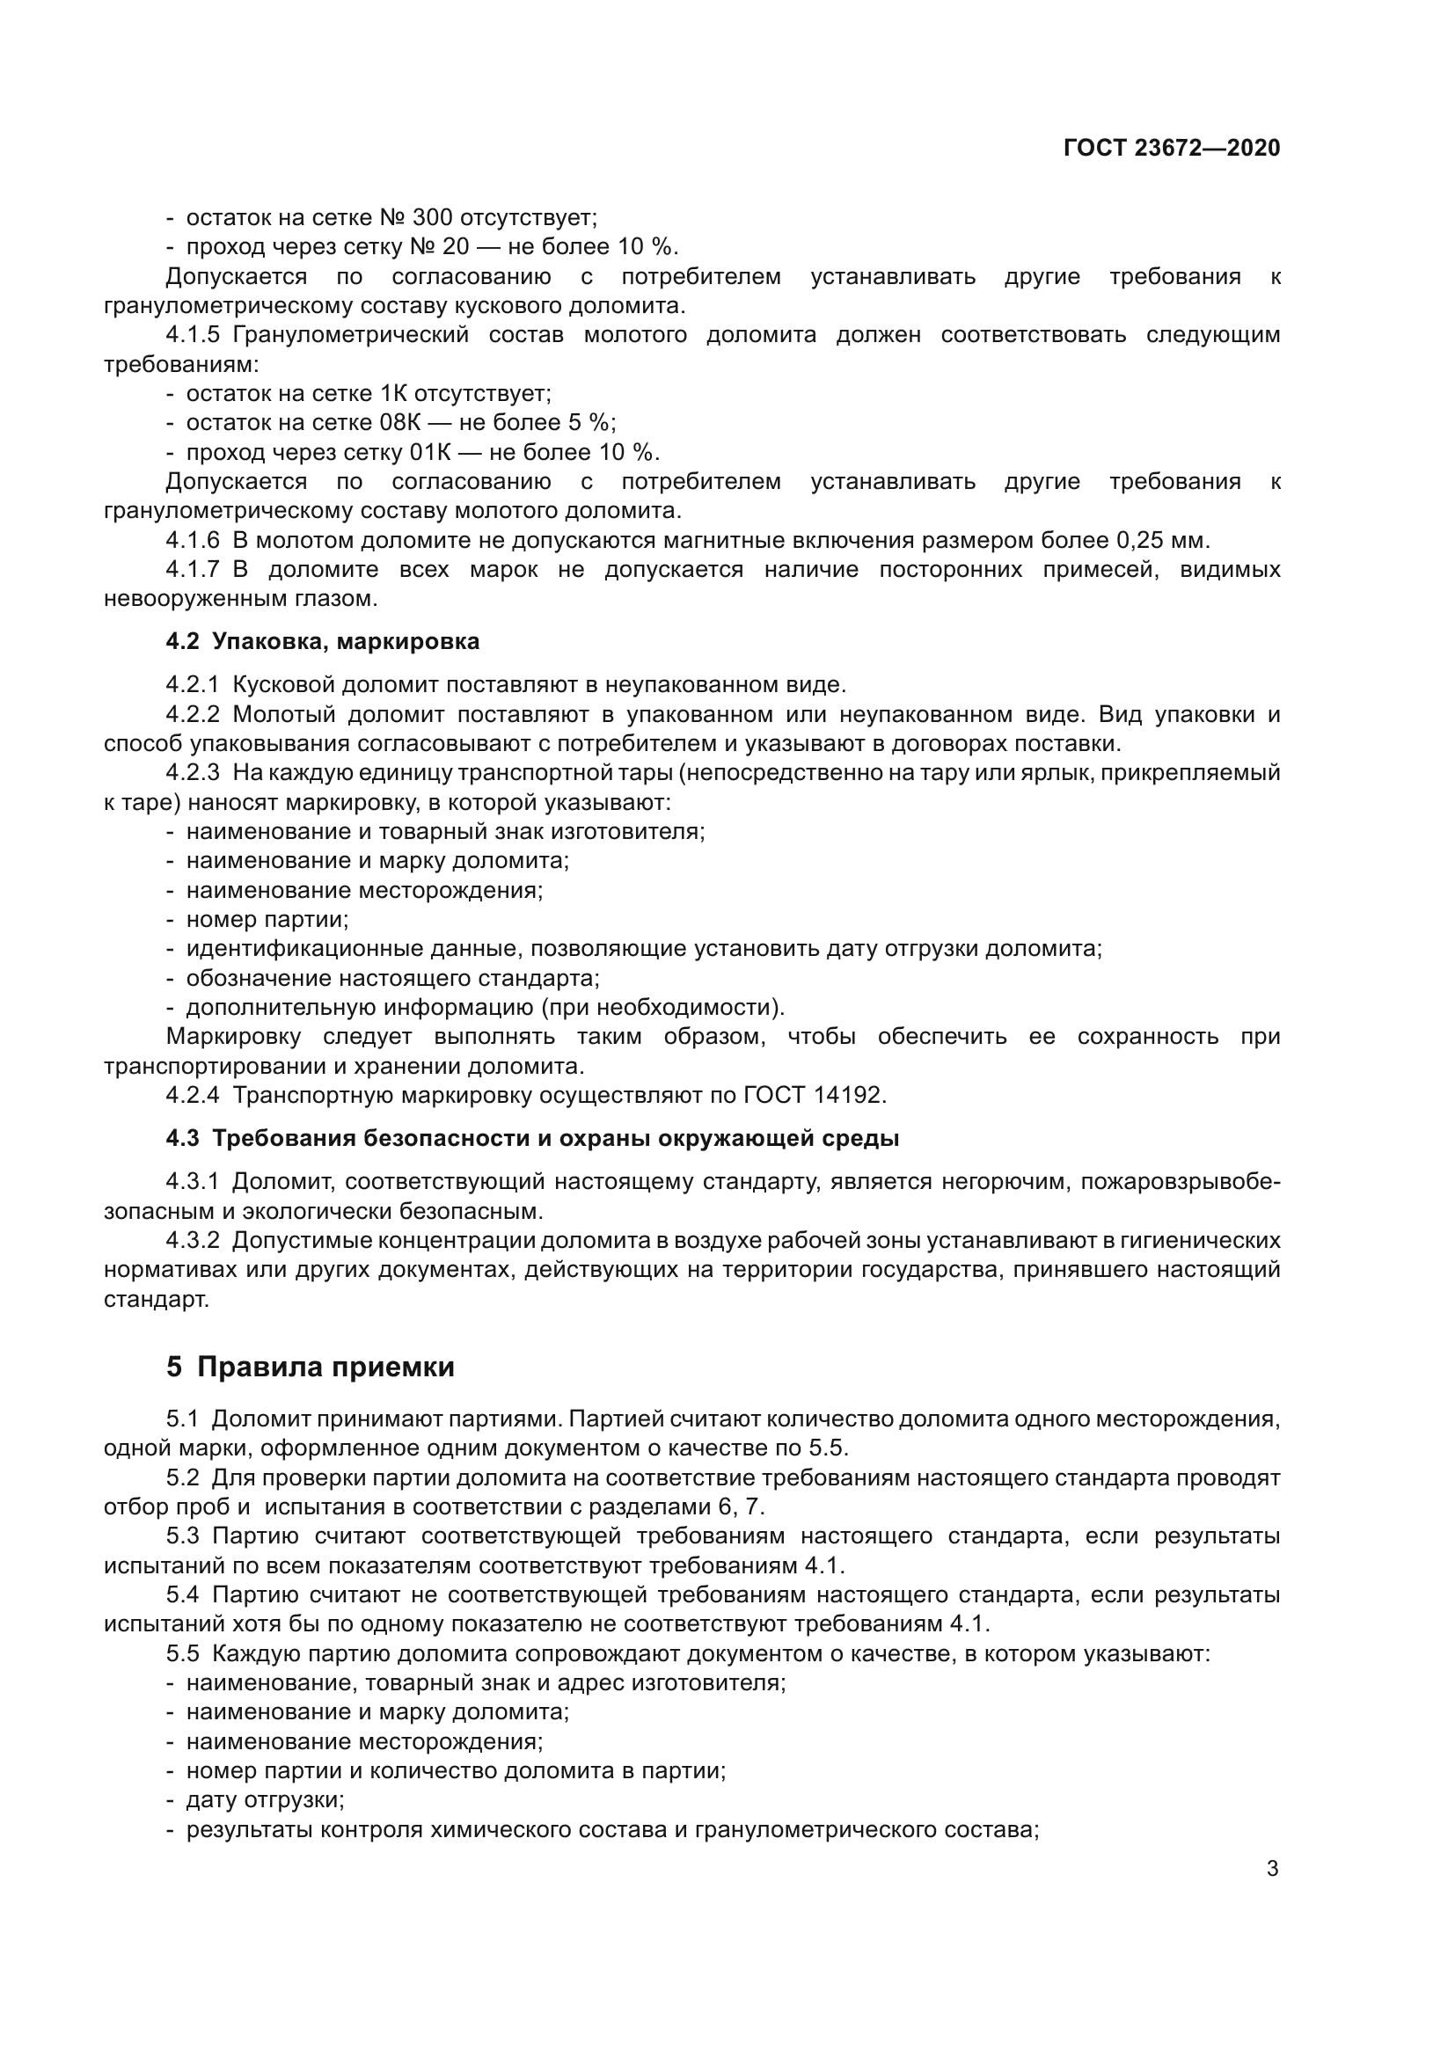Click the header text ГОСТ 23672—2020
[1171, 148]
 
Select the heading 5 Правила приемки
[310, 1368]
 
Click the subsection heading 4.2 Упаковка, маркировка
[323, 641]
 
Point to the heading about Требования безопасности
[532, 1139]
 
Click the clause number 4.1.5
[192, 335]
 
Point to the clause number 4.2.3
[192, 772]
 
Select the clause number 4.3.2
[192, 1241]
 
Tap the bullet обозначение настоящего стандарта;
[392, 977]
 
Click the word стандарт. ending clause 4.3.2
[156, 1299]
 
